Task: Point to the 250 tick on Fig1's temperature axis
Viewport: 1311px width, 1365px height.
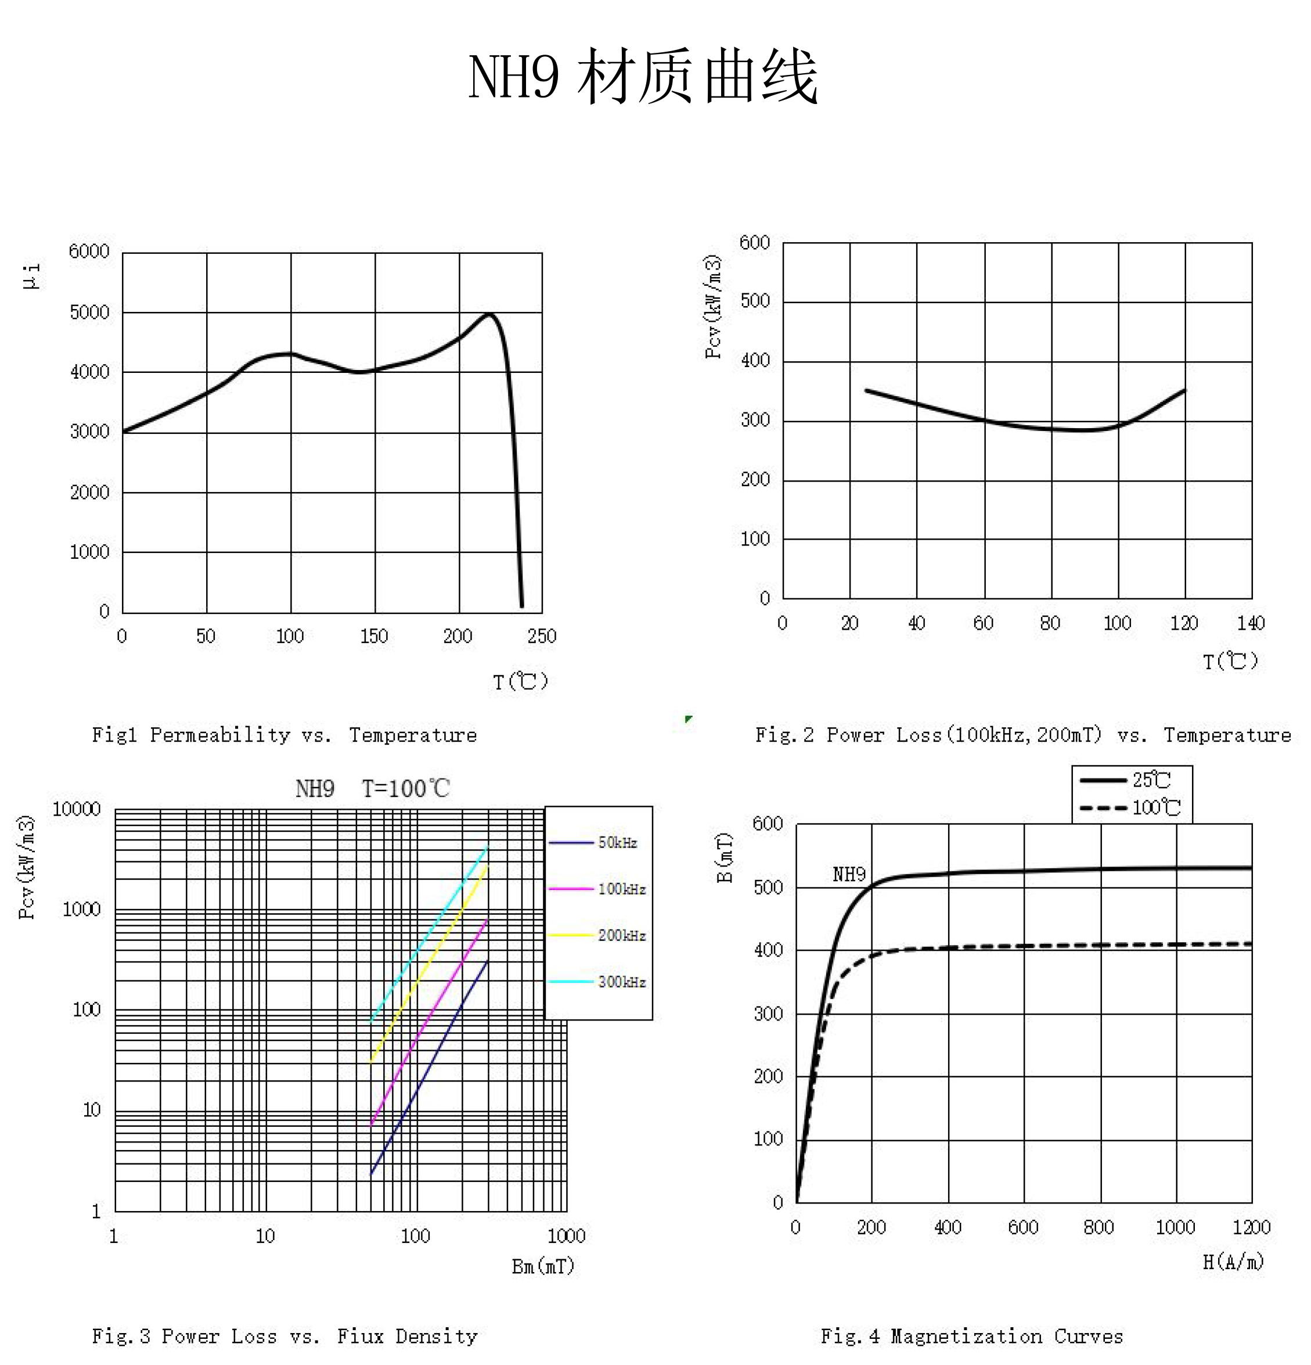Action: (542, 636)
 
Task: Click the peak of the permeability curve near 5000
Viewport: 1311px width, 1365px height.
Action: (490, 314)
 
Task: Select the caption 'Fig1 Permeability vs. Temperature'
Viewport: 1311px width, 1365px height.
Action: (284, 735)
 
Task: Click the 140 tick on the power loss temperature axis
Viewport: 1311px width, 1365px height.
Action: (1251, 623)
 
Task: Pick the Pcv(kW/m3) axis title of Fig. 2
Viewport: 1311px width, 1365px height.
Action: (713, 307)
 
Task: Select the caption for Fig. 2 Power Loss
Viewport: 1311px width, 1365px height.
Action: (1023, 735)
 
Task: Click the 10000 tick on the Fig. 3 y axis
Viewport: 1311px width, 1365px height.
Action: (77, 809)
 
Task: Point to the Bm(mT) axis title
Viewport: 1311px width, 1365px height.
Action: (543, 1266)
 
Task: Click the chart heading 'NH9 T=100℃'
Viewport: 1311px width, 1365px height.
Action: (373, 789)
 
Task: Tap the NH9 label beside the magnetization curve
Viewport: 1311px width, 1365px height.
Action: (849, 875)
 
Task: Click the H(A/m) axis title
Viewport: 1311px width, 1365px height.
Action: (1232, 1261)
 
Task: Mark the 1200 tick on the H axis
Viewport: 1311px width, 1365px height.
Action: (1251, 1227)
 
